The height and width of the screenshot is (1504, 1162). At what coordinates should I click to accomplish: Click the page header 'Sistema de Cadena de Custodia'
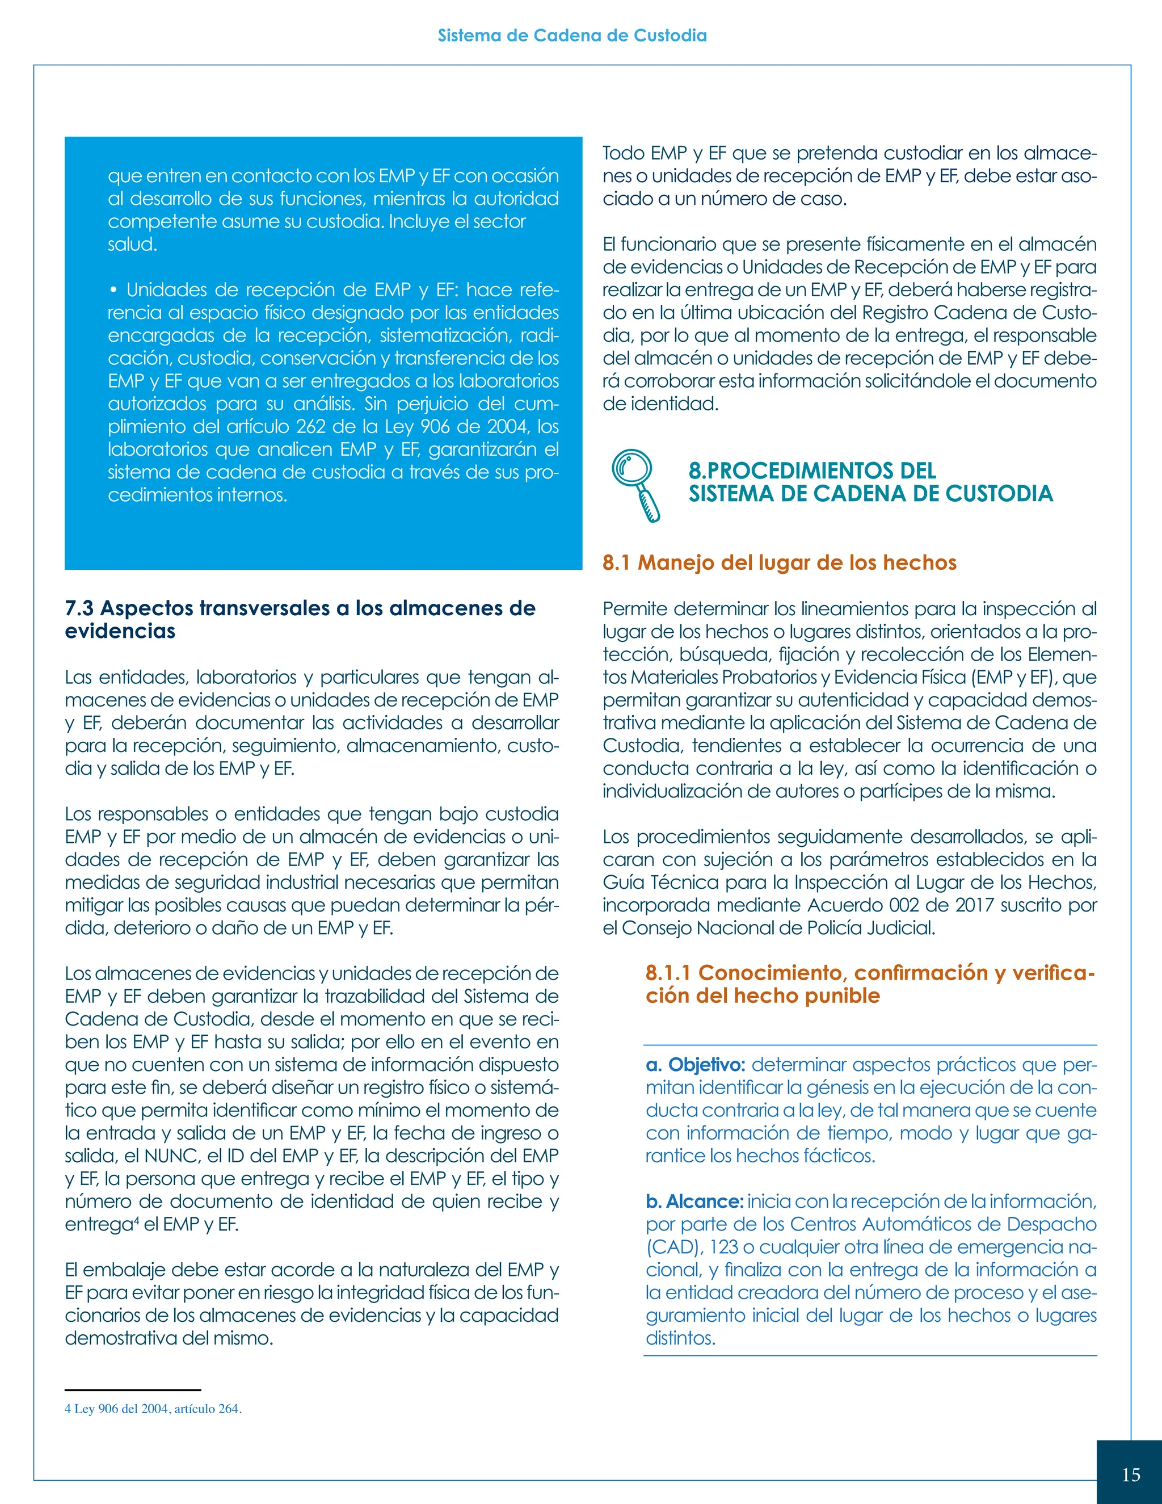click(572, 36)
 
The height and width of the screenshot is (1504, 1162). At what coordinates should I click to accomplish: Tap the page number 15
click(1130, 1474)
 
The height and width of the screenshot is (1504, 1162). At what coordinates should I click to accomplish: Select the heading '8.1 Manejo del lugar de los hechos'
click(779, 562)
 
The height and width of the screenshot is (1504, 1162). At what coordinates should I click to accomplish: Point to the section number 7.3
click(80, 608)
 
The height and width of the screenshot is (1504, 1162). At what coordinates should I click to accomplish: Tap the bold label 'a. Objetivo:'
click(695, 1065)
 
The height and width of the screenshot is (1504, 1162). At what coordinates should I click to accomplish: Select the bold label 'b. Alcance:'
click(694, 1201)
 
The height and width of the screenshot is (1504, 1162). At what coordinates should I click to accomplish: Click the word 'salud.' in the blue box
click(132, 245)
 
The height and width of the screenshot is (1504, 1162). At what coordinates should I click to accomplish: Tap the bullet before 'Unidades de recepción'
click(112, 290)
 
